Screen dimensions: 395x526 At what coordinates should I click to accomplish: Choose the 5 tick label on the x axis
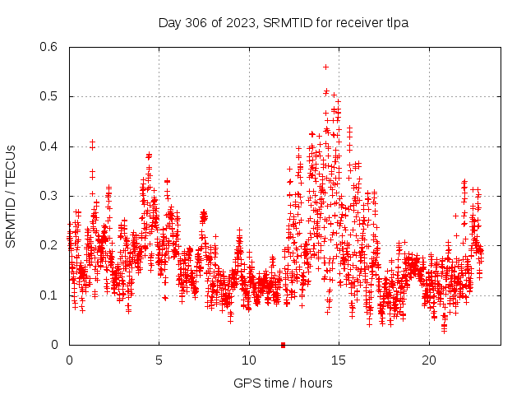coord(159,360)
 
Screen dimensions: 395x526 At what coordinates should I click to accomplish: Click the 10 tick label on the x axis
coord(249,360)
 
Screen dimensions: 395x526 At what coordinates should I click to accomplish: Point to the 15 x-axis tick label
coord(339,360)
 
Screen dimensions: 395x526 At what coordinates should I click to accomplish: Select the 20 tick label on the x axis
coord(429,360)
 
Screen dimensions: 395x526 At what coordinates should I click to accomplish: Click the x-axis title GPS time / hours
coord(283,383)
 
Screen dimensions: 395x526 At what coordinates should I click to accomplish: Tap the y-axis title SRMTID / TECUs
coord(11,196)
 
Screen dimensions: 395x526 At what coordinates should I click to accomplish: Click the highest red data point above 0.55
coord(325,67)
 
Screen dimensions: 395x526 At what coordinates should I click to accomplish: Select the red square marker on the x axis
coord(283,345)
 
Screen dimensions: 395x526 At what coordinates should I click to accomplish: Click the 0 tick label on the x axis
coord(69,360)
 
